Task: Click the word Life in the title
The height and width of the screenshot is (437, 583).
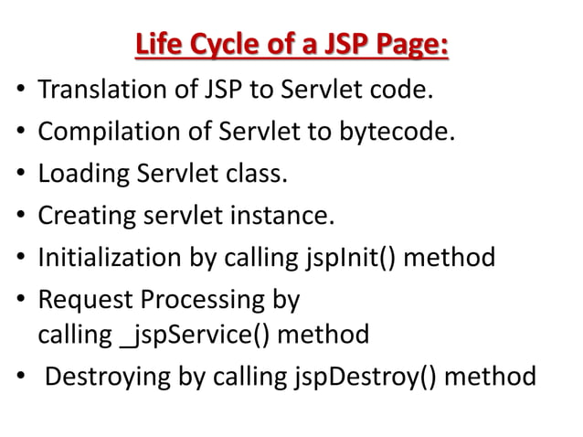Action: (156, 44)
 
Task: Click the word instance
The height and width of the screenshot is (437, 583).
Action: (285, 217)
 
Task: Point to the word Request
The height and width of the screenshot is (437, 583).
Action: (79, 300)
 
